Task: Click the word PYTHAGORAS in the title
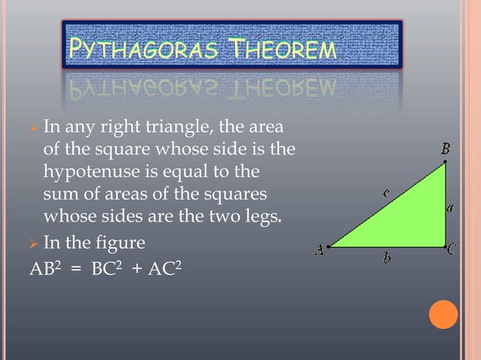pyautogui.click(x=142, y=50)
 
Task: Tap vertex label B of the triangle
pyautogui.click(x=446, y=149)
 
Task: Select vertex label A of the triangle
pyautogui.click(x=320, y=251)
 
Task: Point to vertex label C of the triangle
pyautogui.click(x=452, y=251)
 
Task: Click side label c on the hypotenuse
pyautogui.click(x=386, y=193)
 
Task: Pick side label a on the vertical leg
pyautogui.click(x=449, y=209)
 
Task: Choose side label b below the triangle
pyautogui.click(x=387, y=258)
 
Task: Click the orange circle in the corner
pyautogui.click(x=443, y=315)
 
